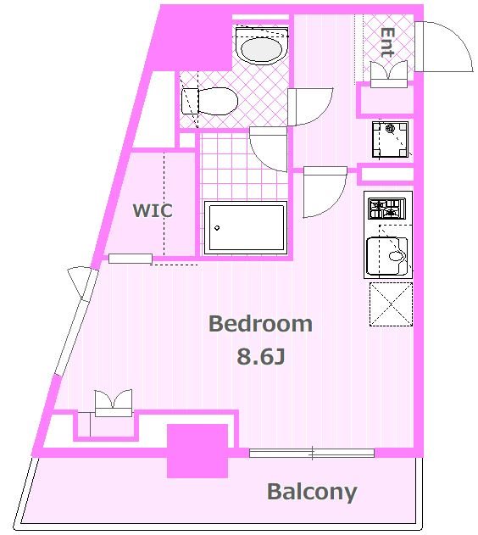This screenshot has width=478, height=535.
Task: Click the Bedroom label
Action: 260,323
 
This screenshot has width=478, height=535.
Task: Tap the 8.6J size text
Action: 261,357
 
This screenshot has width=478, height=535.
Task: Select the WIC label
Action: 153,210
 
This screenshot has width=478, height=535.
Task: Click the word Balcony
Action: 312,493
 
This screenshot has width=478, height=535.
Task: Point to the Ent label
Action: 387,42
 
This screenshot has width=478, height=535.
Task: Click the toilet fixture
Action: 209,101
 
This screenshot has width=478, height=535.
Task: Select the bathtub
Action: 246,227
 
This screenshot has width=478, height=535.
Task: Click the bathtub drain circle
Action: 217,228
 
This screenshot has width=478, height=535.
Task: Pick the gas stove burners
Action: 386,209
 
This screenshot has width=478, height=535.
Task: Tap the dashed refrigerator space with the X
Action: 391,304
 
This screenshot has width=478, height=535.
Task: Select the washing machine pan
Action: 390,140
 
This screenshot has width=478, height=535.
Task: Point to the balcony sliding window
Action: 312,453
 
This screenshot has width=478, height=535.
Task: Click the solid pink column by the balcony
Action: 197,451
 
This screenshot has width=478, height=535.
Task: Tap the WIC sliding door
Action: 131,259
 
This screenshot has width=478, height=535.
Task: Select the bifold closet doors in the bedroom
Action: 114,403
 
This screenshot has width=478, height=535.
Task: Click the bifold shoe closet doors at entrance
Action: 389,74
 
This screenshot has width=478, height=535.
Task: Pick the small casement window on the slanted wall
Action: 81,283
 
